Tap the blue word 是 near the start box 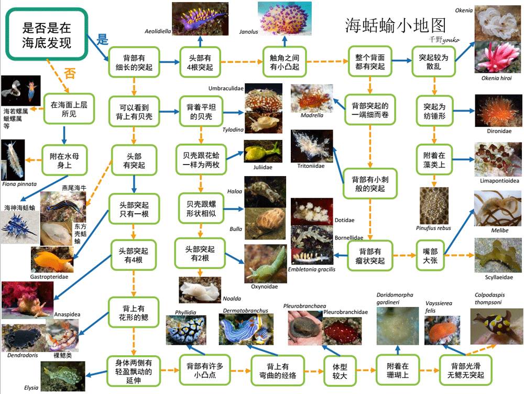[103, 38]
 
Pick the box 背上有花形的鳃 [134, 313]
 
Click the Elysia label [31, 388]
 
